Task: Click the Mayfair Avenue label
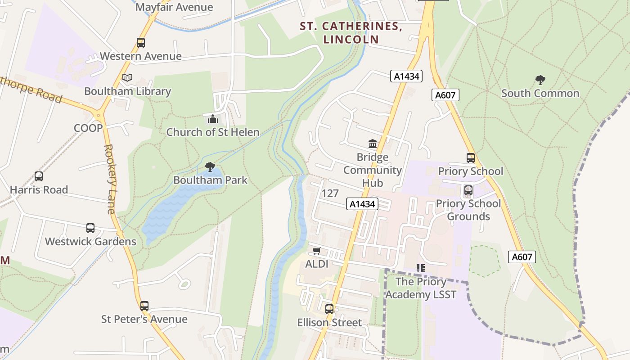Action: (x=174, y=7)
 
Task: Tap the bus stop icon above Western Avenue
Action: (x=141, y=43)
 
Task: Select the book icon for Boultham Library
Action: (x=127, y=78)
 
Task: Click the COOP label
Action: (x=88, y=128)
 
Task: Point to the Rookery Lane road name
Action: (x=109, y=179)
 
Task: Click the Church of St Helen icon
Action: (x=212, y=119)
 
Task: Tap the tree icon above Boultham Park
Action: (x=210, y=167)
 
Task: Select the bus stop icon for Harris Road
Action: (x=39, y=176)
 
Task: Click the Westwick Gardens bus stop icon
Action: (x=90, y=228)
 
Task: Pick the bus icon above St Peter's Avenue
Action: (x=144, y=306)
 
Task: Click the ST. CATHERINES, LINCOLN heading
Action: (x=351, y=32)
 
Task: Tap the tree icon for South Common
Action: (x=540, y=80)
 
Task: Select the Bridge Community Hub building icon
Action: (x=373, y=144)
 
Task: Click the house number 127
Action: (x=330, y=193)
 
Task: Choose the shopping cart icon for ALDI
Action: (x=317, y=251)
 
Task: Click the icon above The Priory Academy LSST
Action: (x=421, y=268)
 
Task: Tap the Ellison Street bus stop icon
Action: (x=329, y=309)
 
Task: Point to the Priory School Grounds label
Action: (x=468, y=210)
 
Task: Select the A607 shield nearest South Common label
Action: (x=445, y=95)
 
